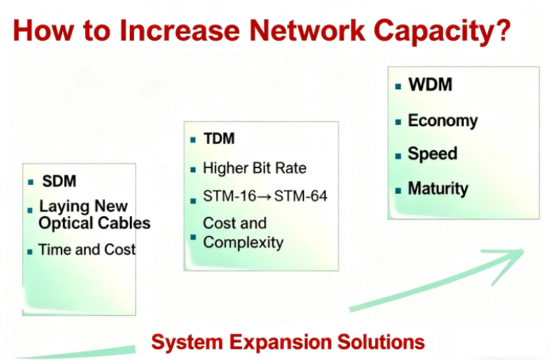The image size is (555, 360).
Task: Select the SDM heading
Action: [x=59, y=182]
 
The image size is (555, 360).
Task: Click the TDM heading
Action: [x=219, y=138]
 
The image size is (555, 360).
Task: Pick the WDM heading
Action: [x=431, y=84]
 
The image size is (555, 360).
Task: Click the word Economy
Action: [x=443, y=122]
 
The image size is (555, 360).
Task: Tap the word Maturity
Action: [x=438, y=189]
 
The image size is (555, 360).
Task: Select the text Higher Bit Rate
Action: [x=255, y=168]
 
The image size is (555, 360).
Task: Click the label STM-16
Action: [x=229, y=197]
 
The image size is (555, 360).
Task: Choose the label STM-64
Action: [x=301, y=197]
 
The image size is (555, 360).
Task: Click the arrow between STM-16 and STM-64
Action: [x=265, y=197]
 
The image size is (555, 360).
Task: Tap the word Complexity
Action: [x=243, y=243]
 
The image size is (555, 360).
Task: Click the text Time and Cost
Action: [x=87, y=250]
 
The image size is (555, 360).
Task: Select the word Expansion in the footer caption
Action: [x=280, y=342]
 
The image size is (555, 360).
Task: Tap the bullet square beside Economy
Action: [x=398, y=122]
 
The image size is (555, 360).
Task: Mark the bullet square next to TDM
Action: [x=193, y=140]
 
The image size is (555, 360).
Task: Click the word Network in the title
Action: [x=307, y=30]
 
